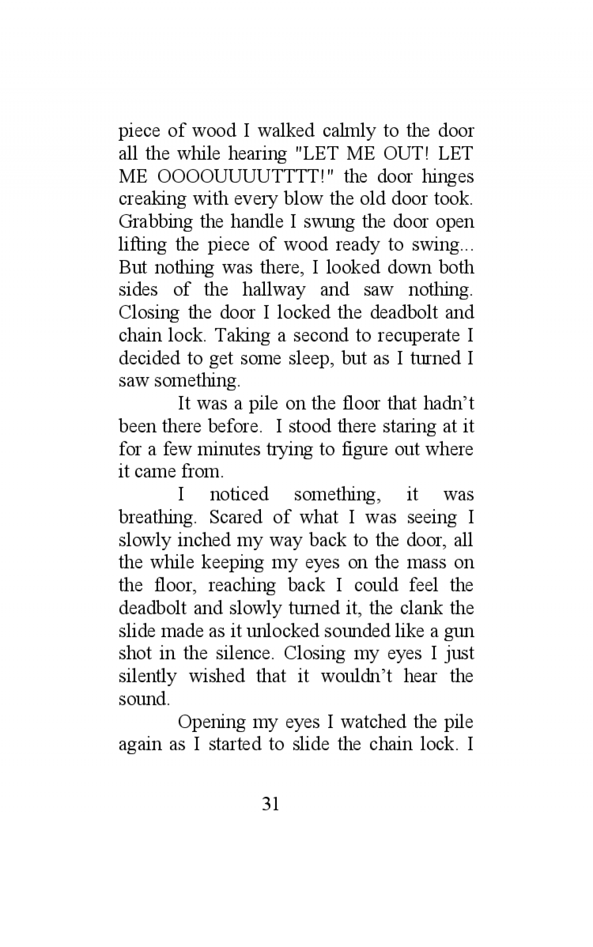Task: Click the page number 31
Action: [270, 805]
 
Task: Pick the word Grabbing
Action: [156, 222]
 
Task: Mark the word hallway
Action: [273, 290]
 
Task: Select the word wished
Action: [216, 676]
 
